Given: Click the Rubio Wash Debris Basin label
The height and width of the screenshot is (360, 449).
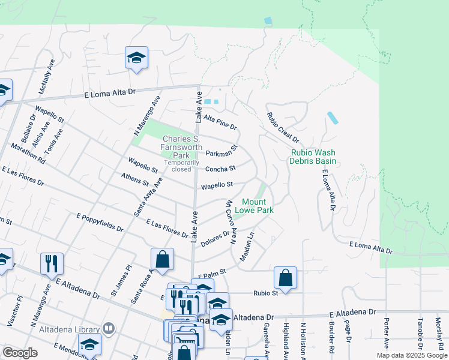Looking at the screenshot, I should point(312,157).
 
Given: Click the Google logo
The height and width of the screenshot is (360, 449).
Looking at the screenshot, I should point(19,353).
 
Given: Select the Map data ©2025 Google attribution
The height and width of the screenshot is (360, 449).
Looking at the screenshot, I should point(412,355).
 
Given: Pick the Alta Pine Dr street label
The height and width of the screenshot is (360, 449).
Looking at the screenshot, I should point(220,122).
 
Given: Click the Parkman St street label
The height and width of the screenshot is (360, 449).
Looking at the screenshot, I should point(222,150).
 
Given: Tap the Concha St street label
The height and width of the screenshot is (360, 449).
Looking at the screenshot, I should point(220,170).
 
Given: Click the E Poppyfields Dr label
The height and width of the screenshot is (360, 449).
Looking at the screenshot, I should point(100,221).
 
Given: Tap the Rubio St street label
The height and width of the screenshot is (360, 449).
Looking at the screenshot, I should point(266,293).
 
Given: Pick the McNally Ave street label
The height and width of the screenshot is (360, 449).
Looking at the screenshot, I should point(47,76).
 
